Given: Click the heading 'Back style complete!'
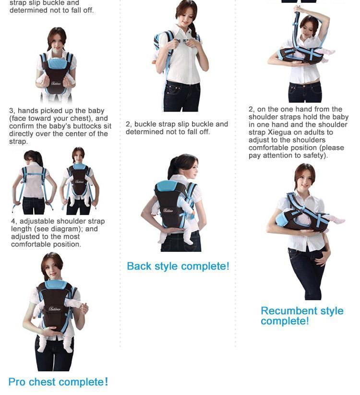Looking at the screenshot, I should (x=178, y=266).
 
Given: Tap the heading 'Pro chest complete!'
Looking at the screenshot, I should (x=58, y=382).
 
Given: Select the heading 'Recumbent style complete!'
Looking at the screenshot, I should (x=302, y=316).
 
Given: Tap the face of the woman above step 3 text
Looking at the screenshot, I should (x=56, y=40).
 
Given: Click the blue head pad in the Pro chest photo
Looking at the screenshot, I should (x=55, y=284).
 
